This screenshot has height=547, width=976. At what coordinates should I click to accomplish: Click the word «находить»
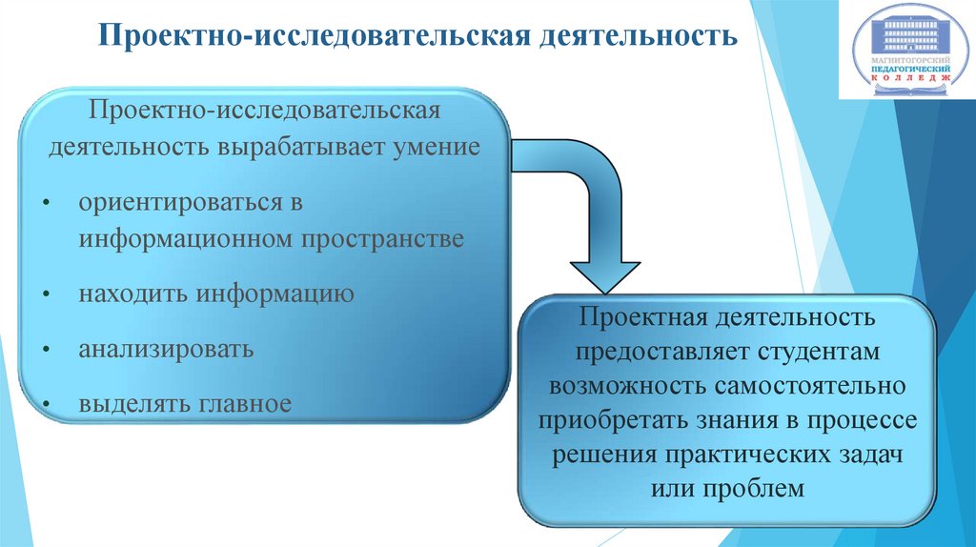click(x=134, y=294)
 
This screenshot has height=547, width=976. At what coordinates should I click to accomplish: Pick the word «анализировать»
click(x=167, y=348)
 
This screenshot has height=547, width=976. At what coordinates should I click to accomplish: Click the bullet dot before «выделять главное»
click(x=46, y=405)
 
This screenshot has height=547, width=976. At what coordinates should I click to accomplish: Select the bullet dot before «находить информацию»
click(x=46, y=295)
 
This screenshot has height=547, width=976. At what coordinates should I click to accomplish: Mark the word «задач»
click(x=869, y=455)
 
